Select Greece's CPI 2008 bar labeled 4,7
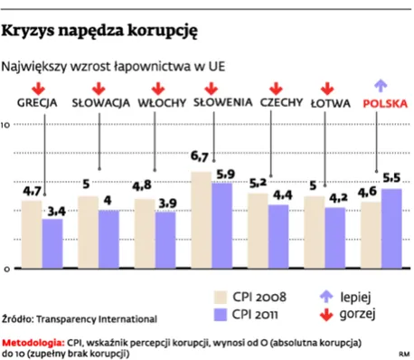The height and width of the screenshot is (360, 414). pos(32,234)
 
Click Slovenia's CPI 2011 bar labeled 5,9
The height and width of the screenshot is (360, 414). pos(222,226)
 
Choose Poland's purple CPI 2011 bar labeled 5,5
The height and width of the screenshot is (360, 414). pos(391,229)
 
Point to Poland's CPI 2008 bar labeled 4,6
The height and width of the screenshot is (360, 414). pos(370,235)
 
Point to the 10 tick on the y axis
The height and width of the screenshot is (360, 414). pos(6,125)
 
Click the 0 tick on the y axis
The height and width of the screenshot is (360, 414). pos(6,270)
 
